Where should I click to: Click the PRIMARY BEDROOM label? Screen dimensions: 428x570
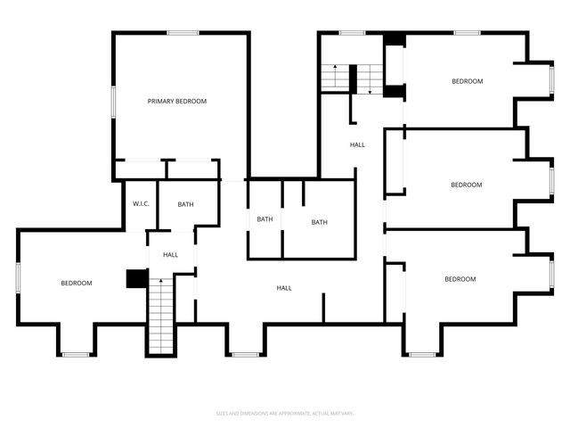point(176,102)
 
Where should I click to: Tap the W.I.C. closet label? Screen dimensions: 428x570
point(141,204)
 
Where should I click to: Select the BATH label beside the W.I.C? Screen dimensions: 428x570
point(185,204)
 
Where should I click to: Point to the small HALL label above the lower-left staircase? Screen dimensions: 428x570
point(170,255)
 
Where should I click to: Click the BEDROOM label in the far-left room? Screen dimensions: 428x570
point(77,284)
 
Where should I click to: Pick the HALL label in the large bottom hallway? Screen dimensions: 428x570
point(284,288)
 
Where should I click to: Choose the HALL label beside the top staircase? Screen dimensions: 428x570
point(357,144)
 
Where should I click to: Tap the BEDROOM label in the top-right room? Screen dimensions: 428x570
point(467,81)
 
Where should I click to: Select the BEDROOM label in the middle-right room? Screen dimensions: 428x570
point(466,185)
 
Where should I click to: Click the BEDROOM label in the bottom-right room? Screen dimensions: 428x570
point(460,279)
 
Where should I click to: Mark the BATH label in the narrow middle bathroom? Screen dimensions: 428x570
point(265,219)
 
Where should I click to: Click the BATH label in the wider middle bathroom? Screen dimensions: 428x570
point(319,222)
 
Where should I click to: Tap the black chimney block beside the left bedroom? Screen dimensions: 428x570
point(136,279)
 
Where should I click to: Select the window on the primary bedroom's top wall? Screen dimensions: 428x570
point(183,34)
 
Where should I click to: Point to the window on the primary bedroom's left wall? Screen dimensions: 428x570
point(113,101)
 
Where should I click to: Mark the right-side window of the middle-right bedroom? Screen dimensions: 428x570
point(551,180)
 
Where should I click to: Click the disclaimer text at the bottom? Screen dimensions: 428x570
point(285,413)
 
